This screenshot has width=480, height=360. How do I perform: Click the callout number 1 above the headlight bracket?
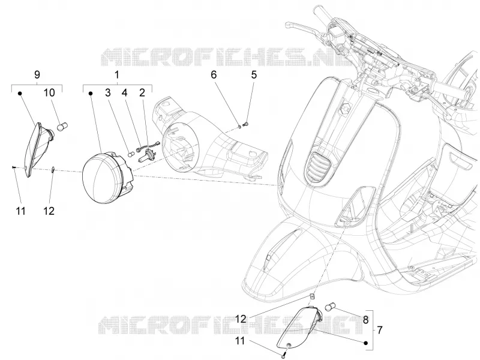point(116,74)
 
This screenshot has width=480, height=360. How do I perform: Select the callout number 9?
point(37,74)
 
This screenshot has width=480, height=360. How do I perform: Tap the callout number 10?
point(49,92)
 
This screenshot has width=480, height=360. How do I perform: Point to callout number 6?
point(214,74)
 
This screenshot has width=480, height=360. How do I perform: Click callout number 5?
point(254,74)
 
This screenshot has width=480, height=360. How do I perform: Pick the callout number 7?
point(380,330)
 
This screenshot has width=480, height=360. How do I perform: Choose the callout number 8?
point(365,320)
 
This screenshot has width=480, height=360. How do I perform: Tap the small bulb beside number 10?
point(63,127)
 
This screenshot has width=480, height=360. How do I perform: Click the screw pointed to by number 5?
point(245,124)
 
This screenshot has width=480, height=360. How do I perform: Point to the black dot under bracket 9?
point(20,94)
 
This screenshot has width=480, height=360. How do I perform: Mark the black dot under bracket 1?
point(91,94)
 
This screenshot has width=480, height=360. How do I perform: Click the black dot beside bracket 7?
point(365,343)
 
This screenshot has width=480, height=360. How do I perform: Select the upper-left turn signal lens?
point(33,149)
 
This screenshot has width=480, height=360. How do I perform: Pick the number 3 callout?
point(108,92)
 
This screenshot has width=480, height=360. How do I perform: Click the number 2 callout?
point(142,92)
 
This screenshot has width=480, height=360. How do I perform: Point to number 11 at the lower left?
point(21,211)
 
